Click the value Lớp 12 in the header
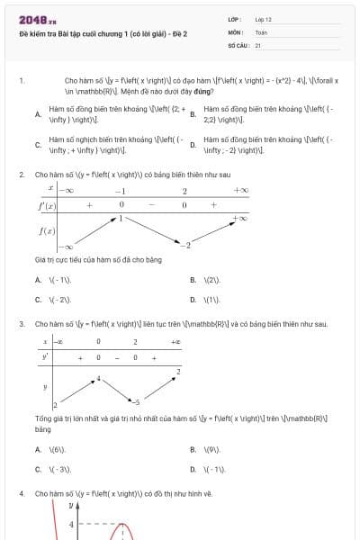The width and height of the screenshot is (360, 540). (x=263, y=19)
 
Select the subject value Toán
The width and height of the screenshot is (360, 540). (x=261, y=31)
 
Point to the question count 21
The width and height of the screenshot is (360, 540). (x=258, y=44)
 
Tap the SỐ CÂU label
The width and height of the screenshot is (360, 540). (x=237, y=44)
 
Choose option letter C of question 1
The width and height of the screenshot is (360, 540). (x=38, y=145)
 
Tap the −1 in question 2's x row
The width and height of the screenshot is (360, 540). (x=119, y=191)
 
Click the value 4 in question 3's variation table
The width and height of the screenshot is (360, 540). (x=98, y=377)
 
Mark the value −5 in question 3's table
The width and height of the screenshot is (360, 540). (x=137, y=402)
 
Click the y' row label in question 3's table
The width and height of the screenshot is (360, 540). (x=44, y=357)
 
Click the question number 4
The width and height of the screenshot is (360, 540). (x=21, y=494)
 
